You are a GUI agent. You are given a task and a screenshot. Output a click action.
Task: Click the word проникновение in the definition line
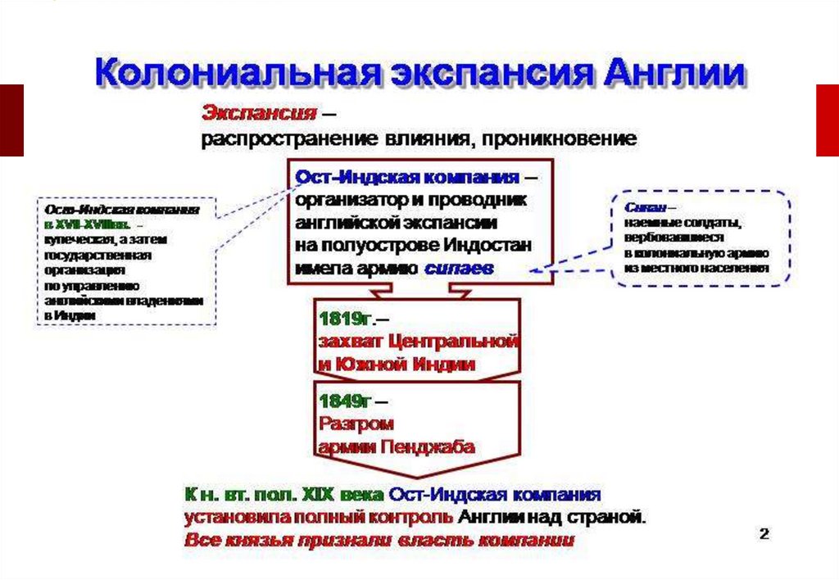tap(560, 138)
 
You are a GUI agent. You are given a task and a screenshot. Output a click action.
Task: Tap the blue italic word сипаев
tap(458, 268)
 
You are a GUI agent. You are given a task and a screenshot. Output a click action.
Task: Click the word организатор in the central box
tap(347, 199)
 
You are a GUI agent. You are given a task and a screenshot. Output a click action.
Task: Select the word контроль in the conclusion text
tap(415, 518)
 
